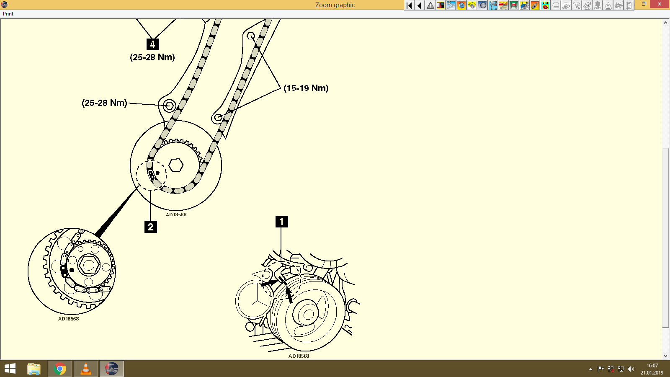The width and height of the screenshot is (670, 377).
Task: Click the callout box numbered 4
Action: click(x=152, y=44)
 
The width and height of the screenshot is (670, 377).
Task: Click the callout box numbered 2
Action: click(x=150, y=227)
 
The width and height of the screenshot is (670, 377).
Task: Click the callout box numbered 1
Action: click(x=281, y=221)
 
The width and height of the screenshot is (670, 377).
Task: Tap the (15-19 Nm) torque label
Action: click(x=306, y=88)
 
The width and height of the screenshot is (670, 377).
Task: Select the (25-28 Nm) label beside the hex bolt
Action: click(x=104, y=103)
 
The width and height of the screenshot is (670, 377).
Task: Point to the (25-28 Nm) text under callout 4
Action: click(x=152, y=57)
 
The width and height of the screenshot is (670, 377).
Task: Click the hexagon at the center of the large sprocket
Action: click(x=176, y=165)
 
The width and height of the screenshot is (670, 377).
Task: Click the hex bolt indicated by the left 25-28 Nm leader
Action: click(x=169, y=105)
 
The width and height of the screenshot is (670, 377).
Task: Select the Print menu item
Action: click(x=8, y=14)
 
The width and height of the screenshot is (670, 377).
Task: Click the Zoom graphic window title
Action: click(x=335, y=5)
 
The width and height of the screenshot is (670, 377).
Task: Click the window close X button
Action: click(x=660, y=4)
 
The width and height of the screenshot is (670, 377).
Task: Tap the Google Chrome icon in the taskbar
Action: click(x=60, y=369)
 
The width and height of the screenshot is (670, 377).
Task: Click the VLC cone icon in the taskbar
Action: click(x=86, y=369)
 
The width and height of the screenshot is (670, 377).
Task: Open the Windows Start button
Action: click(x=10, y=369)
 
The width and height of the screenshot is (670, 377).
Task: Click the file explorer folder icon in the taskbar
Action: click(x=34, y=369)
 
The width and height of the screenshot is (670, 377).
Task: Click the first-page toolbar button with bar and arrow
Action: click(x=409, y=5)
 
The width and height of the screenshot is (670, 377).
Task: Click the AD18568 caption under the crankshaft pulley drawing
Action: click(x=299, y=356)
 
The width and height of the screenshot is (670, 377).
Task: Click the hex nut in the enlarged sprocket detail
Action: click(x=89, y=265)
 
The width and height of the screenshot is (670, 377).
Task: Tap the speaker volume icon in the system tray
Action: click(x=631, y=369)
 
